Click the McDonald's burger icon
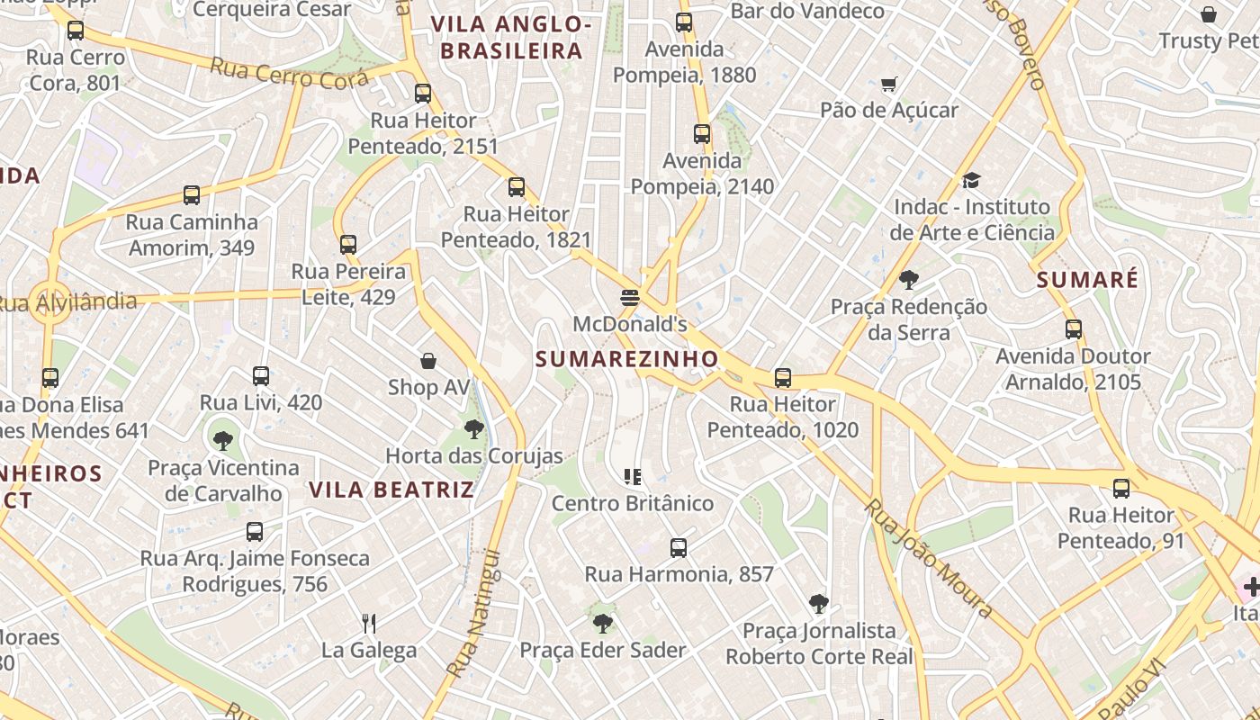click(629, 297)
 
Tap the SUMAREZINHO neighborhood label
click(627, 359)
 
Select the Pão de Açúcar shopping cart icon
click(889, 85)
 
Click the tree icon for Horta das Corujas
click(474, 429)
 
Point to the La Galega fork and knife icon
click(368, 623)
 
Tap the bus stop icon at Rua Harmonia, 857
click(679, 547)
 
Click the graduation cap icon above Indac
click(970, 181)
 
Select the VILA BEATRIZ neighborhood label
click(391, 490)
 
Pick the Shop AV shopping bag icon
click(428, 361)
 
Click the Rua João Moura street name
click(929, 559)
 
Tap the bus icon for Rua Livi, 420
click(261, 376)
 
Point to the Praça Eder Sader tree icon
click(602, 623)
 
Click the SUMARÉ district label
click(1087, 280)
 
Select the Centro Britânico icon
click(633, 476)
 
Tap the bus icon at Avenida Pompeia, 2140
click(702, 134)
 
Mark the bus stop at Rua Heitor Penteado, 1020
click(783, 378)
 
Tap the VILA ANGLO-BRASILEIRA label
click(511, 38)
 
